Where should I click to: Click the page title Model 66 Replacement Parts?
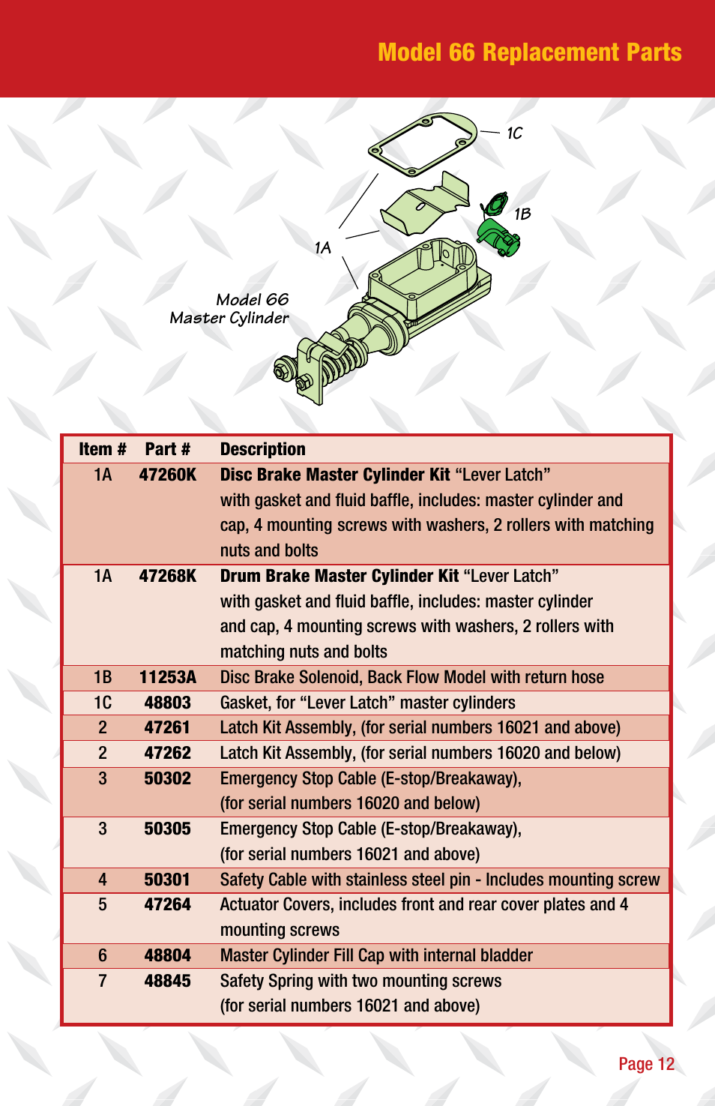[x=529, y=52]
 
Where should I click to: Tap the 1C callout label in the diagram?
[x=514, y=133]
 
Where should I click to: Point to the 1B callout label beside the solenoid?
[x=522, y=214]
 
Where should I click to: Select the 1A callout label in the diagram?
[x=322, y=248]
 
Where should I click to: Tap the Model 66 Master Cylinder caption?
[x=230, y=309]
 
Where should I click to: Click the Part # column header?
[x=167, y=449]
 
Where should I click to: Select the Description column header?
[x=262, y=449]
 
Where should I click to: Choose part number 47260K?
[x=167, y=475]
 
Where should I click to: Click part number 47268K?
[x=167, y=576]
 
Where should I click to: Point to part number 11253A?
[x=167, y=677]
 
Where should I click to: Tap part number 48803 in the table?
[x=167, y=703]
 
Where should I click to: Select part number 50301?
[x=167, y=880]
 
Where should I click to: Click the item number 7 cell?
[x=103, y=981]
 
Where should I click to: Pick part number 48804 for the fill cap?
[x=167, y=955]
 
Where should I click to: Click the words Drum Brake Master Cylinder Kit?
[x=339, y=576]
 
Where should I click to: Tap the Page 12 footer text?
[x=646, y=1064]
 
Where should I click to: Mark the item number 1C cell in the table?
[x=103, y=703]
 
